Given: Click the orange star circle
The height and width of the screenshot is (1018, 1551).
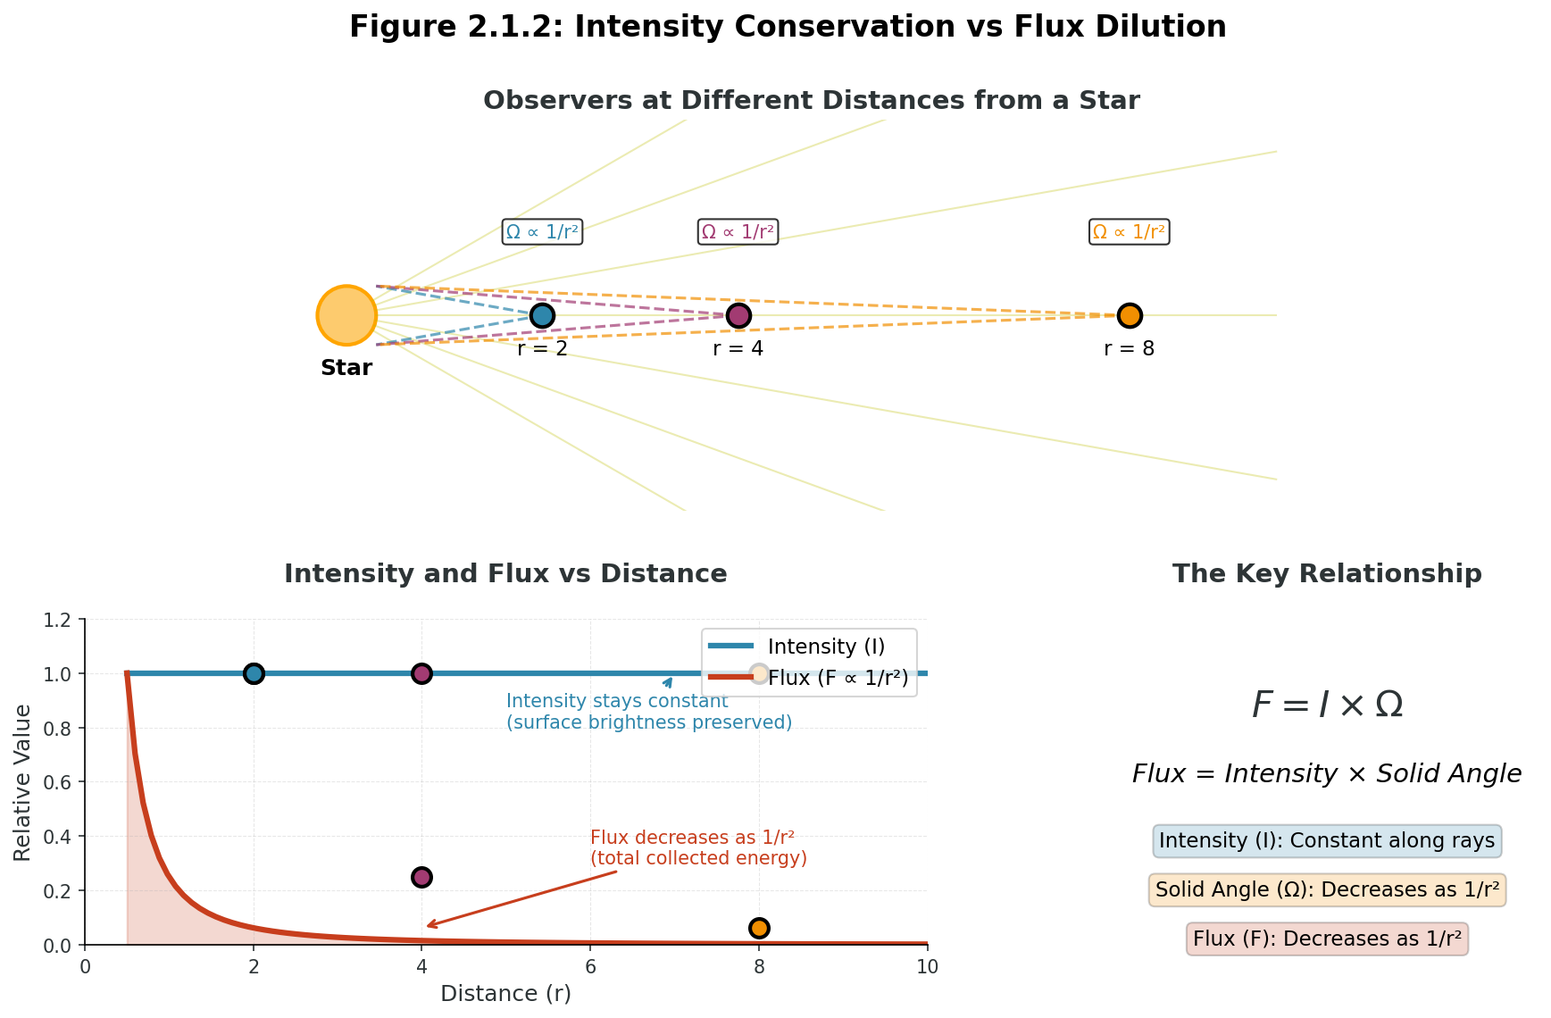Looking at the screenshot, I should click(x=346, y=315).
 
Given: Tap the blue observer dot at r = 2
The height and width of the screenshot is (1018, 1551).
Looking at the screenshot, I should click(x=542, y=315).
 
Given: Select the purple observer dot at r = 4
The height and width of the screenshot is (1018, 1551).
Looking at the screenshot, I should click(x=738, y=315).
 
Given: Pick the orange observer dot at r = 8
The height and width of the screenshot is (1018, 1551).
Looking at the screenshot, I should click(x=1130, y=315).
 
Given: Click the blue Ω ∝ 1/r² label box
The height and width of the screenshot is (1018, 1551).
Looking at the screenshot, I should click(x=542, y=232).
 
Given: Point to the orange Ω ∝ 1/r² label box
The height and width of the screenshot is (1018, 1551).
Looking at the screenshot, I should click(x=1130, y=232).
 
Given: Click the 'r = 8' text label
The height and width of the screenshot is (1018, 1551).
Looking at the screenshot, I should click(x=1130, y=349).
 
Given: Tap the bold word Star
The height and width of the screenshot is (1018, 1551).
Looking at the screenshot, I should click(x=346, y=368).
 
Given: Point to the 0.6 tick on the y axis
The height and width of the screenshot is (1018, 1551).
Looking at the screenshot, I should click(x=63, y=782).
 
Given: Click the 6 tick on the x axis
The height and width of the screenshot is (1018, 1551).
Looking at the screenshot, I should click(x=590, y=967).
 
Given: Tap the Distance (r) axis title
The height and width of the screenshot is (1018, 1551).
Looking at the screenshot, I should click(x=505, y=993).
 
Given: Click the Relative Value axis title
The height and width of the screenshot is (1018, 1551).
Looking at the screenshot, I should click(x=23, y=782).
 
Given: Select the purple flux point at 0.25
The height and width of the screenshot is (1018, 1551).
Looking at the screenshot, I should click(x=421, y=877).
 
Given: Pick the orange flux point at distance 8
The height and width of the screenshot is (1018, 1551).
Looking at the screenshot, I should click(x=759, y=928).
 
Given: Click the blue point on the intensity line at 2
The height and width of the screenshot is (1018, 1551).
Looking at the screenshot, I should click(x=254, y=673).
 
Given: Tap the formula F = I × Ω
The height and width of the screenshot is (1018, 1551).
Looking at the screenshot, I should click(x=1327, y=705).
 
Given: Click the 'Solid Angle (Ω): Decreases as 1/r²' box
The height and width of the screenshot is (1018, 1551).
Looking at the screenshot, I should click(x=1327, y=890).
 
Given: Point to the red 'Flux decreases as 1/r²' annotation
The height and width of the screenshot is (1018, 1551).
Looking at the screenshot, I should click(x=698, y=848).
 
